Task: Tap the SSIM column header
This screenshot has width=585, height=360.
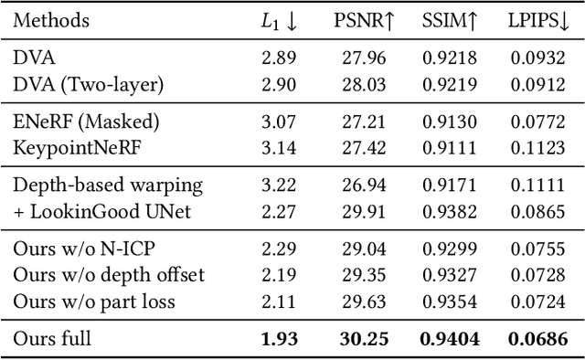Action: point(450,21)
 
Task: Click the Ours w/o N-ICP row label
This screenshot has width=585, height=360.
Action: point(82,248)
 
